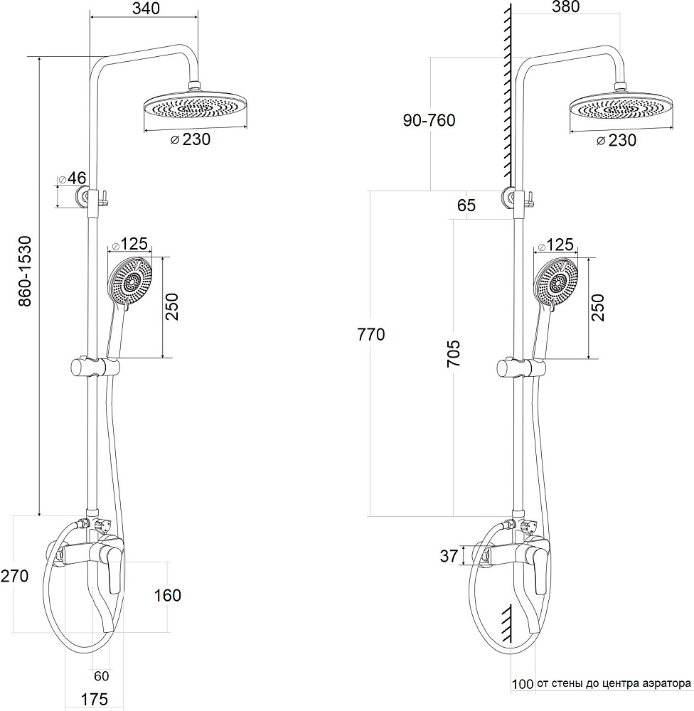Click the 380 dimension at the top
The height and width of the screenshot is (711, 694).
pos(565,7)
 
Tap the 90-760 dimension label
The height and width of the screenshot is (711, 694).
pos(429,120)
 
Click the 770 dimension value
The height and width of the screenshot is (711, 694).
pos(370,334)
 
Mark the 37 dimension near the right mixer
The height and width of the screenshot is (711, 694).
pos(449,556)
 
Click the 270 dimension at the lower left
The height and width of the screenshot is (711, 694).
pos(14,576)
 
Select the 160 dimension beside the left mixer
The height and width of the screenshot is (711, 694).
pos(167,595)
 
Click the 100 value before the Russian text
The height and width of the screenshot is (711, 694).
pos(522,685)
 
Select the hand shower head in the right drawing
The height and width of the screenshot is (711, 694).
pos(557,283)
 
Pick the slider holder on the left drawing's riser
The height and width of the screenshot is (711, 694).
pos(94,368)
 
